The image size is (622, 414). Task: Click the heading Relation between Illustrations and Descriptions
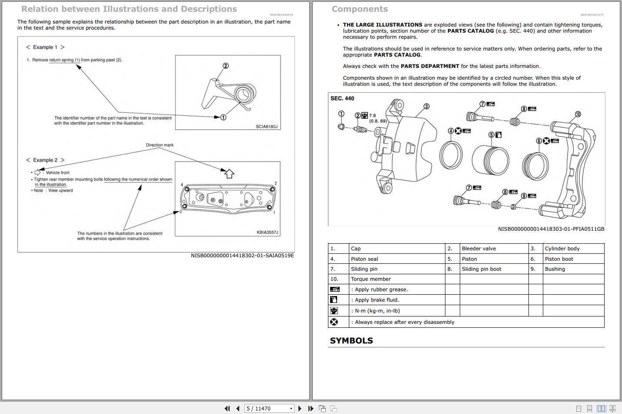click(x=129, y=9)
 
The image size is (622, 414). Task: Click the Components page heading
click(x=359, y=9)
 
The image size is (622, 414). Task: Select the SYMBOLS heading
click(x=351, y=340)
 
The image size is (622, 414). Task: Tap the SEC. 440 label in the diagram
click(x=342, y=98)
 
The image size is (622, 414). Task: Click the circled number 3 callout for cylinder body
click(x=426, y=106)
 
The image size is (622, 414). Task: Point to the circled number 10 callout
click(x=578, y=114)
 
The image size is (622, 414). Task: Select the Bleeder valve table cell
click(x=478, y=249)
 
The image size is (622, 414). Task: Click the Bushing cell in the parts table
click(x=555, y=269)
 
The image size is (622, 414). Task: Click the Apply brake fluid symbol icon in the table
click(x=334, y=300)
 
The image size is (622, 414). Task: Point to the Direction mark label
click(x=160, y=145)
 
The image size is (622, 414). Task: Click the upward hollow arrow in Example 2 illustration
click(x=229, y=173)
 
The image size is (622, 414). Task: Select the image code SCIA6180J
click(x=266, y=127)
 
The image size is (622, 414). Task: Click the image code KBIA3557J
click(x=267, y=232)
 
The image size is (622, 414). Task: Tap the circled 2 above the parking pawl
click(x=225, y=66)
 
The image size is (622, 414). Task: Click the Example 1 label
click(x=45, y=47)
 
